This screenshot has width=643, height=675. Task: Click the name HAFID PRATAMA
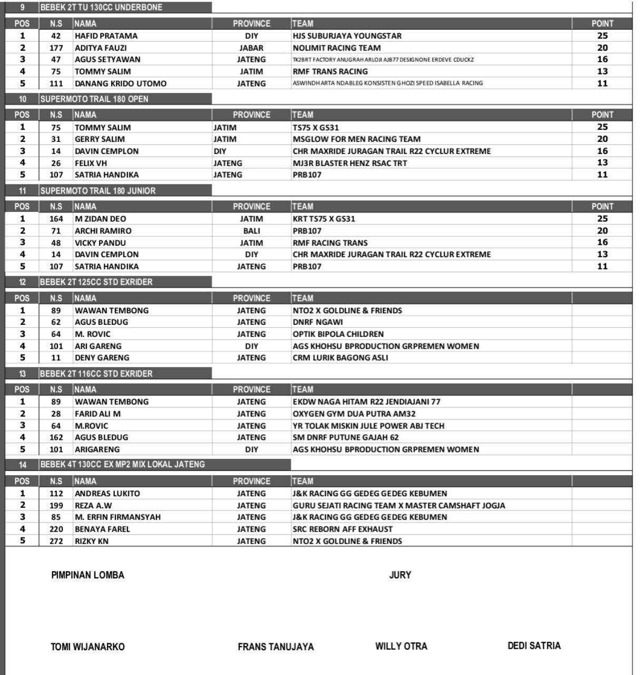[106, 36]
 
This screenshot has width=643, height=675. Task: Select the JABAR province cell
[251, 48]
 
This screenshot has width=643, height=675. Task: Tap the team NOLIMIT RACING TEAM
[336, 48]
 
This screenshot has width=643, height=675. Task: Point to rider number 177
[56, 48]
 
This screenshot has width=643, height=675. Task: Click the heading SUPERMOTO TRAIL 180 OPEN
[94, 99]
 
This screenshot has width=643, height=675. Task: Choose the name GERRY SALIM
[100, 139]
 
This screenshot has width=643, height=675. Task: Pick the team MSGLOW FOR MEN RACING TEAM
[356, 139]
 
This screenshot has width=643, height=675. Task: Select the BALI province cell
[251, 231]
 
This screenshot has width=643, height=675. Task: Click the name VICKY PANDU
[100, 243]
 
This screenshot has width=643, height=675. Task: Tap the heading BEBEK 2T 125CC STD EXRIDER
[96, 282]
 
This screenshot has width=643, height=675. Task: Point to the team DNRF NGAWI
[318, 322]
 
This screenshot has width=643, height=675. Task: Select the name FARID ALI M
[98, 414]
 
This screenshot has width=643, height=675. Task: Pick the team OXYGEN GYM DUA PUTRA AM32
[354, 414]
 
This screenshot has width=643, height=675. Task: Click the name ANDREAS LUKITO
[107, 494]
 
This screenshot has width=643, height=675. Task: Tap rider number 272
[56, 541]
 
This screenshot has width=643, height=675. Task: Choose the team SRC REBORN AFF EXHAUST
[343, 529]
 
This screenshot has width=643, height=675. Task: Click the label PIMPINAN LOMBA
[87, 575]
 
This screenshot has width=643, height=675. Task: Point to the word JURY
[400, 575]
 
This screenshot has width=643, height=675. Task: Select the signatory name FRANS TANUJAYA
[276, 647]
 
